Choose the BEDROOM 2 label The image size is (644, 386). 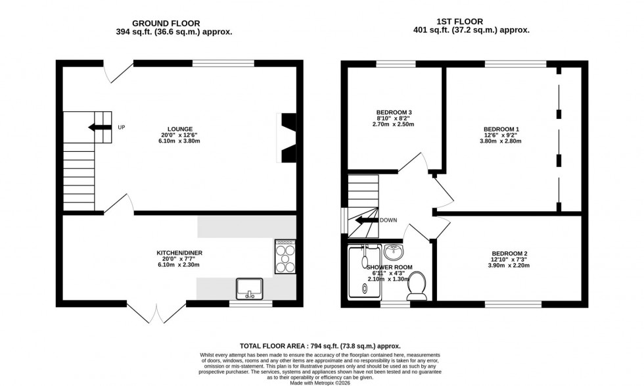pyautogui.click(x=509, y=253)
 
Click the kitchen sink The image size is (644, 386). pyautogui.click(x=250, y=288)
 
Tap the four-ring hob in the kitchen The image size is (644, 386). pyautogui.click(x=286, y=256)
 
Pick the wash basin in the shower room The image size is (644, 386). pyautogui.click(x=393, y=252)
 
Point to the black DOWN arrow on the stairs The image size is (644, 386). pyautogui.click(x=366, y=221)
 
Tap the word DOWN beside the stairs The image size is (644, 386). pyautogui.click(x=388, y=220)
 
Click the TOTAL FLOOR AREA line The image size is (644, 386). pyautogui.click(x=319, y=346)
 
